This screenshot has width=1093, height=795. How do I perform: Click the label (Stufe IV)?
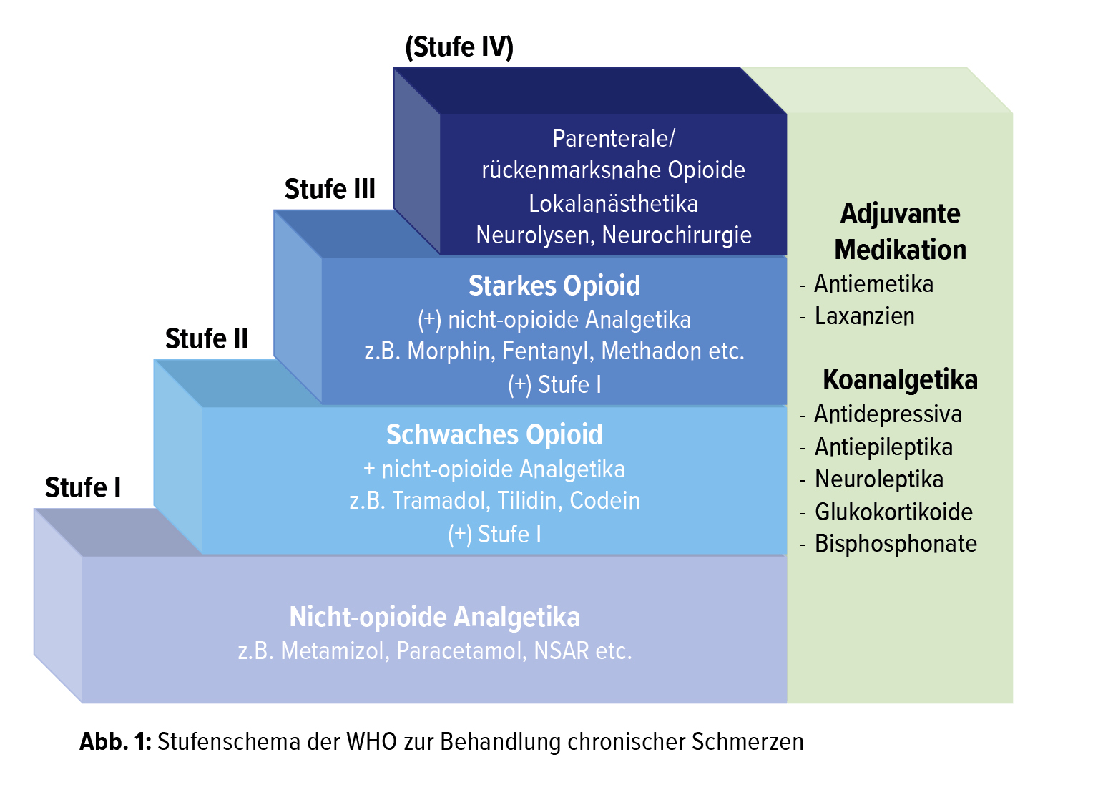[x=459, y=47]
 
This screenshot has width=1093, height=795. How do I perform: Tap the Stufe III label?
[x=330, y=190]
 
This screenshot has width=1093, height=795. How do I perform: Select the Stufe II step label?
[x=206, y=339]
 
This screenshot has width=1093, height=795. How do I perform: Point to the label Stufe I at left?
[x=83, y=488]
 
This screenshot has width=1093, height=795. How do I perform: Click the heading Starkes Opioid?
[x=554, y=286]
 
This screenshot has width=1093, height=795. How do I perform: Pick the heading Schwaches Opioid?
[x=494, y=435]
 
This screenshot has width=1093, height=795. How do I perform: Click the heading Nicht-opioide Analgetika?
[x=434, y=618]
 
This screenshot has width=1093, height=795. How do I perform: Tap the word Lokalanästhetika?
[x=613, y=204]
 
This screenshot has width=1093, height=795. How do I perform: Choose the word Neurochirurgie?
[x=677, y=235]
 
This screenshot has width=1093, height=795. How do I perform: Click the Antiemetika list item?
[x=873, y=285]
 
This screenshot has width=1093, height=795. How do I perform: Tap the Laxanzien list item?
[x=864, y=316]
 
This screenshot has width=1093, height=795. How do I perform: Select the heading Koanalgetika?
[x=900, y=379]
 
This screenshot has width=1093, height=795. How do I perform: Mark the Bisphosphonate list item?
[x=896, y=544]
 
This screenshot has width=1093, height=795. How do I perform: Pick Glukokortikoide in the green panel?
[x=893, y=512]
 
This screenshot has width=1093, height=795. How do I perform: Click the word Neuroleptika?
[x=879, y=479]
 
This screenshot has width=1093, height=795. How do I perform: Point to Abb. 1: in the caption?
[x=115, y=742]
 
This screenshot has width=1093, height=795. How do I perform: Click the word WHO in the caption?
[x=371, y=742]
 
